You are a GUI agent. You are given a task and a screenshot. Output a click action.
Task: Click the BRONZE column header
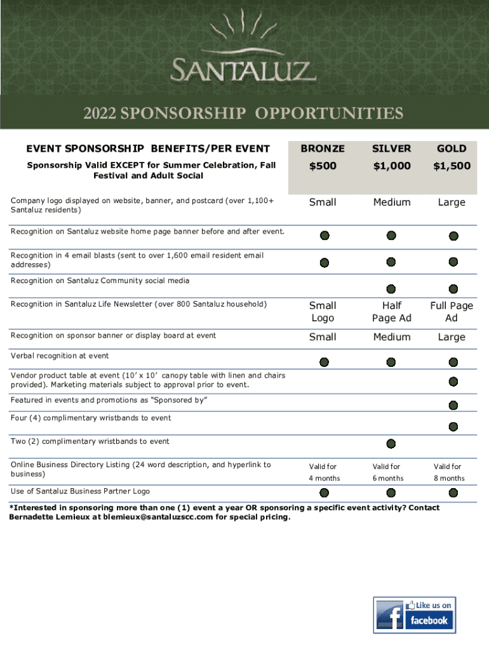323,149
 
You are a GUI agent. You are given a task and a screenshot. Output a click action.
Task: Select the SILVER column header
391,149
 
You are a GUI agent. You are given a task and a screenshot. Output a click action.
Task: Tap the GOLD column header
452,149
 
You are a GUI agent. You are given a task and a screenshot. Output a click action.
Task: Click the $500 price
323,166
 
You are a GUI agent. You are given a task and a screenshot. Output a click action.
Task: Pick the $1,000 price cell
391,166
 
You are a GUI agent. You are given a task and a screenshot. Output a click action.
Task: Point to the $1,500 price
452,166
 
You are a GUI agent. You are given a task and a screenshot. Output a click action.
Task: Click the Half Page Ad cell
392,312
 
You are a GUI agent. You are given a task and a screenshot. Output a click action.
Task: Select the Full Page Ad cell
452,312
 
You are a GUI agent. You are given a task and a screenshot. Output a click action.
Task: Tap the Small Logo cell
323,312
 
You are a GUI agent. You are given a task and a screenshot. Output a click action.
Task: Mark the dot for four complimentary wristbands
453,427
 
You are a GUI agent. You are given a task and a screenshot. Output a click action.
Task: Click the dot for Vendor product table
453,381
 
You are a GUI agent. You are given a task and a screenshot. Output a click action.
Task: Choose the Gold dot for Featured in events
453,405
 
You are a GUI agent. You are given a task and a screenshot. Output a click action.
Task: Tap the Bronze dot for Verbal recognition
325,362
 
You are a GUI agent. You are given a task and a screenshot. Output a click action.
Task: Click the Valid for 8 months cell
448,472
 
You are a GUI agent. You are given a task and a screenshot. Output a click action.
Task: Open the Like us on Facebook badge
415,615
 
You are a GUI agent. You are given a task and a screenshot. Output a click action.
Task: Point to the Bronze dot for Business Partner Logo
325,493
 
